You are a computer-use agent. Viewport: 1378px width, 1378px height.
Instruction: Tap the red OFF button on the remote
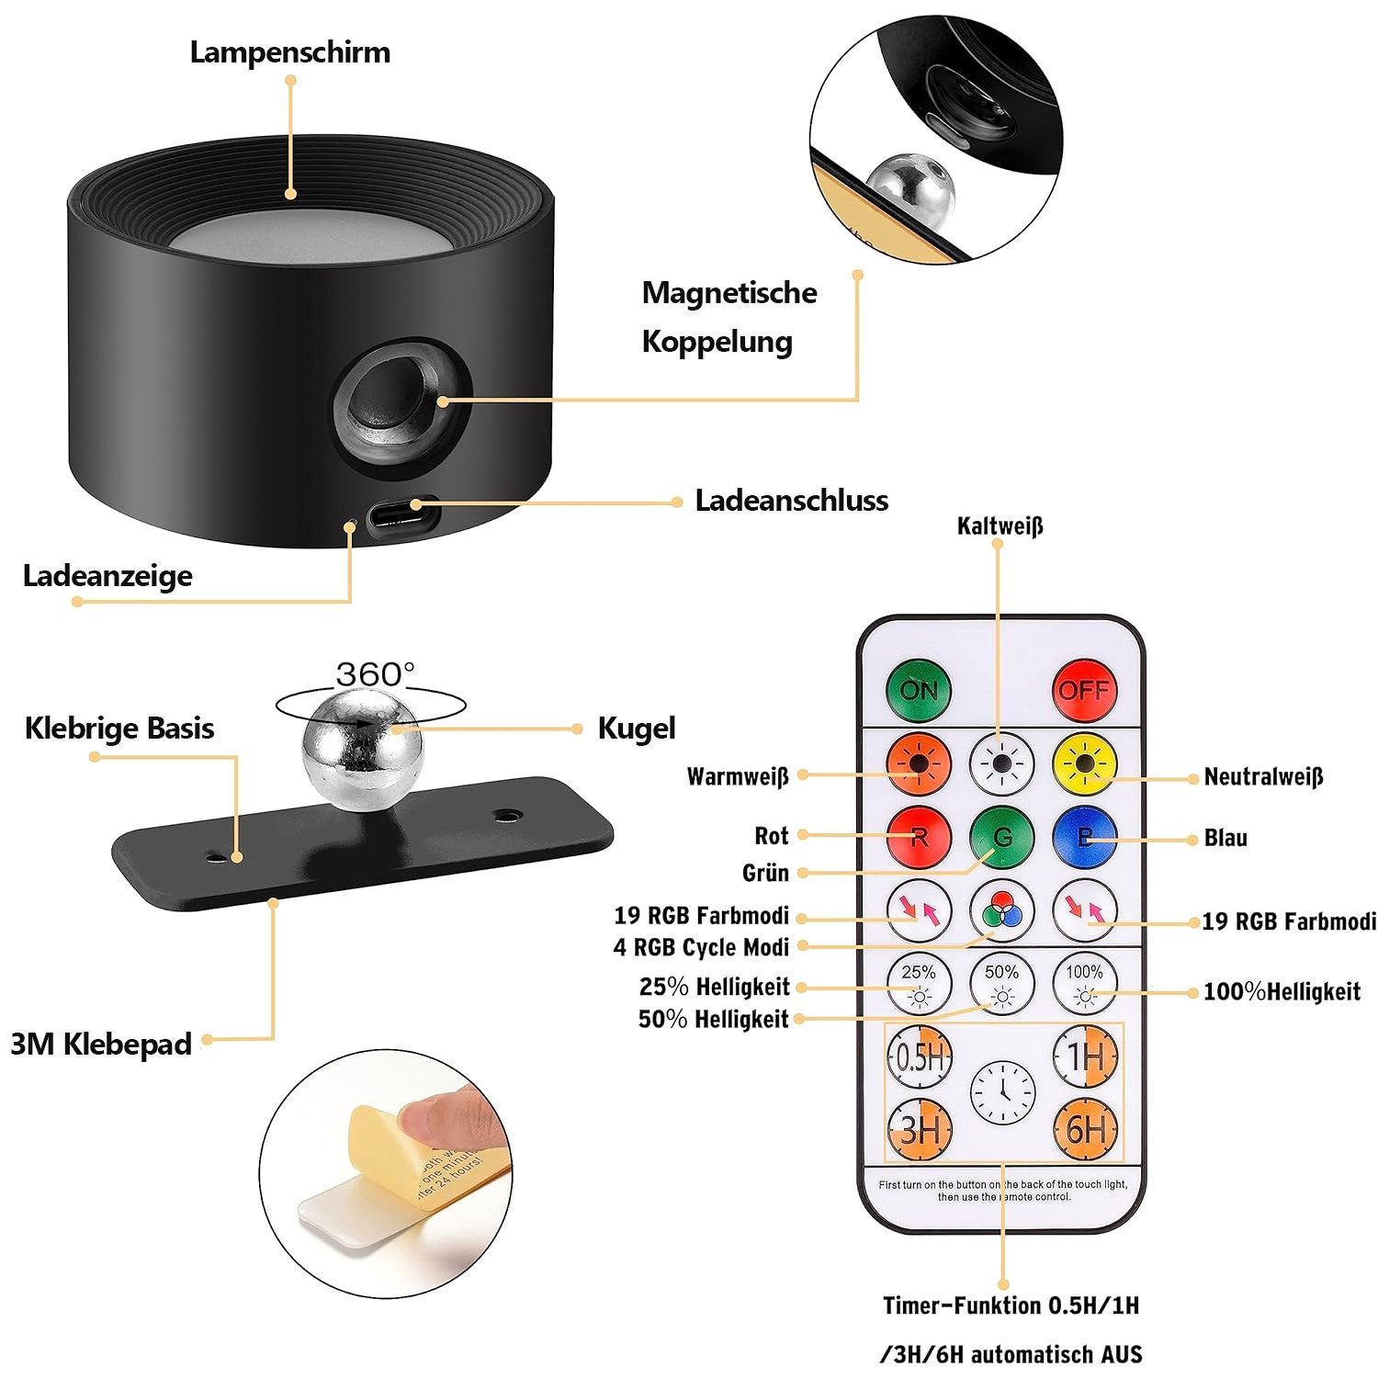[1084, 689]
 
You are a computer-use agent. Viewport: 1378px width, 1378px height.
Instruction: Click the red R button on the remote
[919, 836]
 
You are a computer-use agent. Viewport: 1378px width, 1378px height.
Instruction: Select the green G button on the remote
[1001, 836]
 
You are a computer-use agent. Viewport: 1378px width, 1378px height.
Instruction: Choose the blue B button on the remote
[1085, 836]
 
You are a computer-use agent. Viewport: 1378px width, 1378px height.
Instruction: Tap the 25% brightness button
[919, 984]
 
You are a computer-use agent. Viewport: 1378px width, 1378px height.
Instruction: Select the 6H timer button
[1085, 1129]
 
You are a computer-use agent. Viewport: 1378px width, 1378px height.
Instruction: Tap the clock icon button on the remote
[1002, 1093]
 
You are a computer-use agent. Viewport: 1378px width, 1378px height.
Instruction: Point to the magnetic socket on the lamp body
[401, 401]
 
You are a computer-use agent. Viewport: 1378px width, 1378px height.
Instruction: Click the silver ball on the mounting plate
[362, 751]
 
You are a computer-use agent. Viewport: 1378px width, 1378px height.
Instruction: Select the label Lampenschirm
[290, 52]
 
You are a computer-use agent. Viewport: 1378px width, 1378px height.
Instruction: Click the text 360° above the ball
[375, 675]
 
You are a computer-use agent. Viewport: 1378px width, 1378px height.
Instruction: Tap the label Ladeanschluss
[791, 501]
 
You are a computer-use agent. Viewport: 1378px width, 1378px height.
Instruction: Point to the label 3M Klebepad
[101, 1045]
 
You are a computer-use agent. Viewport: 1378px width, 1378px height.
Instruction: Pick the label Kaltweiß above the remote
[1000, 526]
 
